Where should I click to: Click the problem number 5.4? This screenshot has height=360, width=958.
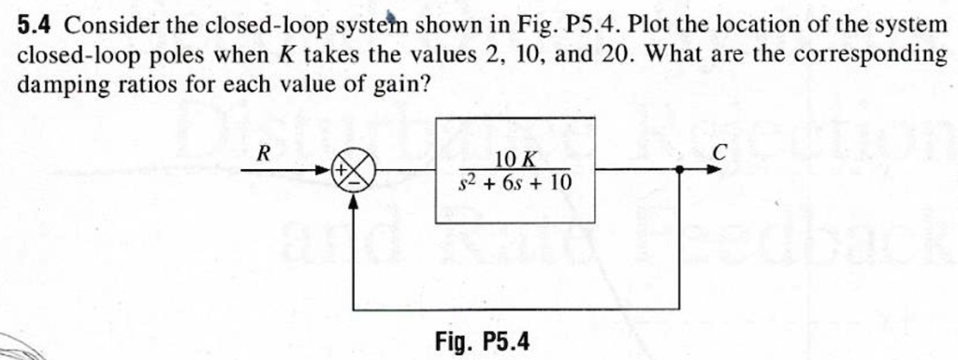point(36,24)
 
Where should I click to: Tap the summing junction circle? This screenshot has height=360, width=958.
point(356,174)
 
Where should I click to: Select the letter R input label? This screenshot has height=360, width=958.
point(264,155)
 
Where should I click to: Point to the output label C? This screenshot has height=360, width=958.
point(719,152)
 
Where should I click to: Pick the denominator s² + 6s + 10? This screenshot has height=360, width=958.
point(515,180)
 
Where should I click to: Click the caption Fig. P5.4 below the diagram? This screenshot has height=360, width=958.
point(482,340)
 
